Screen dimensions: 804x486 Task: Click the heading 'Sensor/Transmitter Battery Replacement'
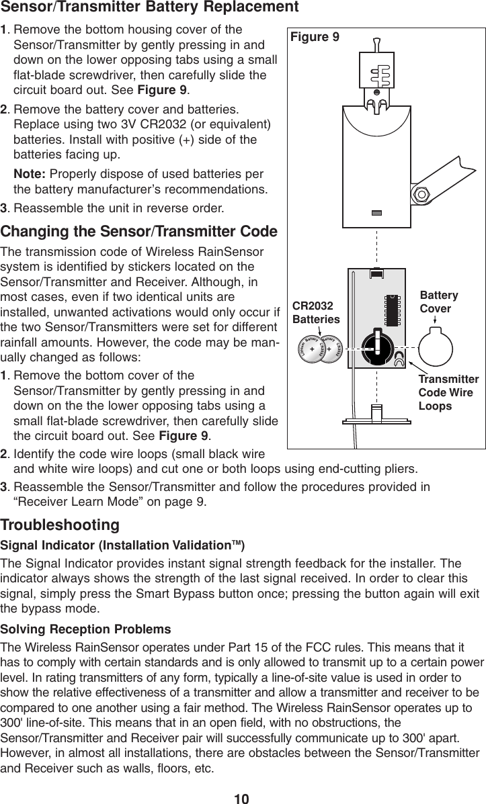click(x=150, y=8)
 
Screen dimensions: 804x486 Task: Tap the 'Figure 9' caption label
click(x=315, y=38)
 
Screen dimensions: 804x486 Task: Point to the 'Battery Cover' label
click(x=439, y=302)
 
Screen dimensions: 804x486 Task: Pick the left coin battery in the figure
click(x=313, y=351)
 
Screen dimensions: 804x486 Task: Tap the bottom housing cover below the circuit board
click(x=377, y=412)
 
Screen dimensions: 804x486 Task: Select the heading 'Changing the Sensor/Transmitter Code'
click(x=140, y=233)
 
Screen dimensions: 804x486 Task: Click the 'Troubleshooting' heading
click(x=60, y=524)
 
